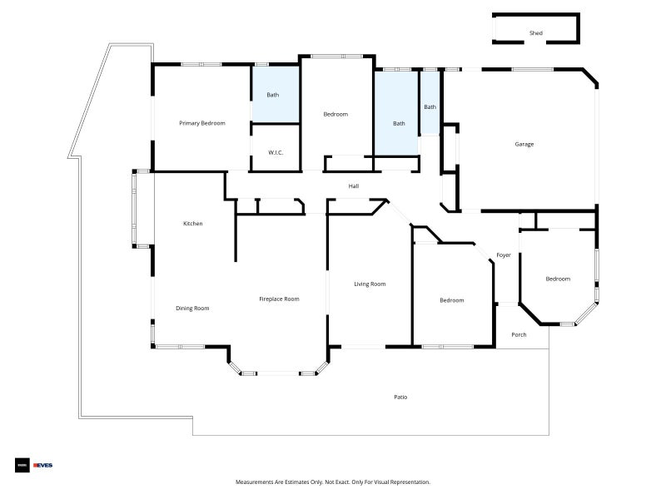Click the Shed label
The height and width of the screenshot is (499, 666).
[x=536, y=33]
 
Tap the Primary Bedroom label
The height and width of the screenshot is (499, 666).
[x=202, y=123]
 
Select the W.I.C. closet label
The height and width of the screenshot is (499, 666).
[x=276, y=153]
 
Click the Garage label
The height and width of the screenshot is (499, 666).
[x=524, y=144]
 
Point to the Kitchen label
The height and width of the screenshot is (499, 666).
[x=192, y=223]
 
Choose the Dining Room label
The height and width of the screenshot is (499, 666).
[x=192, y=309]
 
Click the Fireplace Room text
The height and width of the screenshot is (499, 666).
[x=279, y=299]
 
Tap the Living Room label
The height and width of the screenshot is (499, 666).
[x=370, y=284]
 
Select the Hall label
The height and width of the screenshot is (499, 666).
[x=354, y=186]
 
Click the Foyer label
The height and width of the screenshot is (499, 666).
[x=504, y=255]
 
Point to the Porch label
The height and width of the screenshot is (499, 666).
[x=519, y=335]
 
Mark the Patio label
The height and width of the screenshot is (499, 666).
[x=400, y=397]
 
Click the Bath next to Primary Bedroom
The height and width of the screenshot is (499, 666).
[x=273, y=95]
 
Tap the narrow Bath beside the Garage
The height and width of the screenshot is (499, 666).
[x=430, y=106]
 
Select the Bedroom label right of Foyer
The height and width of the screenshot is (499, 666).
[x=558, y=279]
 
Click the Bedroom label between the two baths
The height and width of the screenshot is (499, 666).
[x=335, y=114]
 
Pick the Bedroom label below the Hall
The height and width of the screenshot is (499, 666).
[x=452, y=300]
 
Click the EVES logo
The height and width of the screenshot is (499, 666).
[x=42, y=465]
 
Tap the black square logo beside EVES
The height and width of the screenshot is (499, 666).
[x=22, y=465]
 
